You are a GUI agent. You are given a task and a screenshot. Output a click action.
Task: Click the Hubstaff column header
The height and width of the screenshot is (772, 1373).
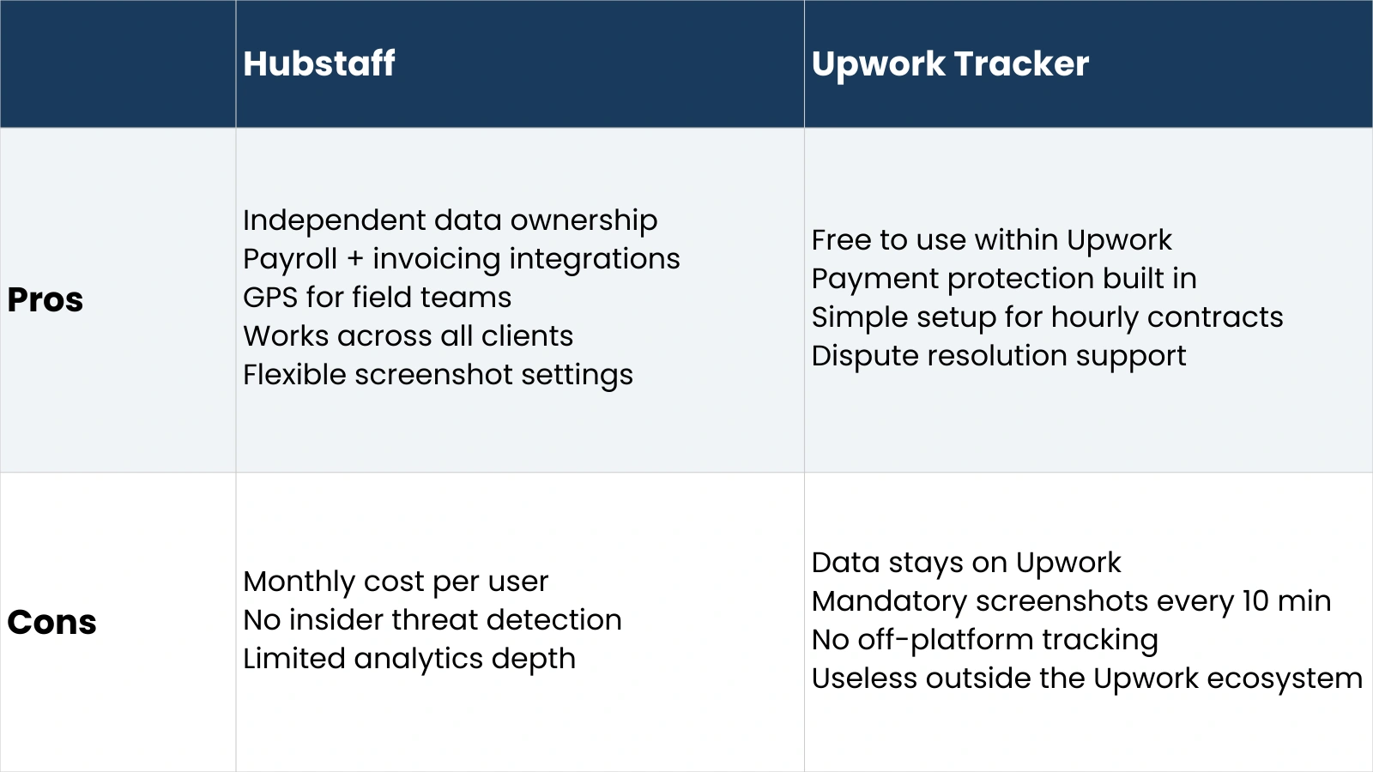pyautogui.click(x=319, y=63)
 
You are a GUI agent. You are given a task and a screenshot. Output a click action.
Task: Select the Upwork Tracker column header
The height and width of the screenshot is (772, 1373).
pyautogui.click(x=950, y=63)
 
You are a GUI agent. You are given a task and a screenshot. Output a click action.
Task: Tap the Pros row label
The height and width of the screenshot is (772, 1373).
pyautogui.click(x=45, y=299)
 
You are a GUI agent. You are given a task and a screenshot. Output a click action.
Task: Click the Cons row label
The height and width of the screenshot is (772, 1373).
pyautogui.click(x=51, y=622)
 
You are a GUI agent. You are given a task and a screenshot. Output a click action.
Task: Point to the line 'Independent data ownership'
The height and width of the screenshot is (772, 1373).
pyautogui.click(x=450, y=220)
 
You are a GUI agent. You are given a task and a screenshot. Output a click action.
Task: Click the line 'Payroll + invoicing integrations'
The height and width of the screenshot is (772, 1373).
pyautogui.click(x=461, y=259)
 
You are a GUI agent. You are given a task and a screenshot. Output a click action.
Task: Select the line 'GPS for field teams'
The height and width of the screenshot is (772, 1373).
pyautogui.click(x=377, y=298)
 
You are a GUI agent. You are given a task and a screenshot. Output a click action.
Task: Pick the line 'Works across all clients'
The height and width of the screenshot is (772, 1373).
pyautogui.click(x=408, y=336)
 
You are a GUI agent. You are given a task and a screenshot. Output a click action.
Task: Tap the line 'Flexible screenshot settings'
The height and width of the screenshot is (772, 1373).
pyautogui.click(x=438, y=375)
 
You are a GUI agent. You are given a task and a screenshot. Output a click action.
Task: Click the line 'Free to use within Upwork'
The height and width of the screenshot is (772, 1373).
pyautogui.click(x=991, y=240)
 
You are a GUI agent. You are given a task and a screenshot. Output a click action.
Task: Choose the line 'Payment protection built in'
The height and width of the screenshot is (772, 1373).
pyautogui.click(x=1004, y=279)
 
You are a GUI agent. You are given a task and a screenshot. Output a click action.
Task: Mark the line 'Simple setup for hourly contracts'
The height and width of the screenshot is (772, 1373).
pyautogui.click(x=1047, y=317)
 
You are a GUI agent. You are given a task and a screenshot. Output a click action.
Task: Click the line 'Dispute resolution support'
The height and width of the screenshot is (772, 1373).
pyautogui.click(x=999, y=356)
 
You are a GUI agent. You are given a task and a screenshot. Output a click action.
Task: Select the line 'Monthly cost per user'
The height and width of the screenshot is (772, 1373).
pyautogui.click(x=396, y=582)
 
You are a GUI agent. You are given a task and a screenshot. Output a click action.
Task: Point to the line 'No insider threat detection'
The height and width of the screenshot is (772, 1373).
pyautogui.click(x=432, y=620)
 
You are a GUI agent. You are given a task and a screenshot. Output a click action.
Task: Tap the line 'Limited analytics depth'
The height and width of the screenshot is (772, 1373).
pyautogui.click(x=409, y=659)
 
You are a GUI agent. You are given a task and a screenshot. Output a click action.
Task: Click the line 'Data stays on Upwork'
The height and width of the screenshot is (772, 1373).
pyautogui.click(x=966, y=563)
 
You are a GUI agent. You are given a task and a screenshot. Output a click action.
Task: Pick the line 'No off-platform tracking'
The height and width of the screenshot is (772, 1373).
pyautogui.click(x=985, y=640)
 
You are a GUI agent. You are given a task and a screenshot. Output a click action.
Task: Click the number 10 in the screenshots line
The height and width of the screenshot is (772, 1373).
pyautogui.click(x=1255, y=601)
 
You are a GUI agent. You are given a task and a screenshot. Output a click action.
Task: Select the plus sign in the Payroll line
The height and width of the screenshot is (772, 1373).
pyautogui.click(x=355, y=259)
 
